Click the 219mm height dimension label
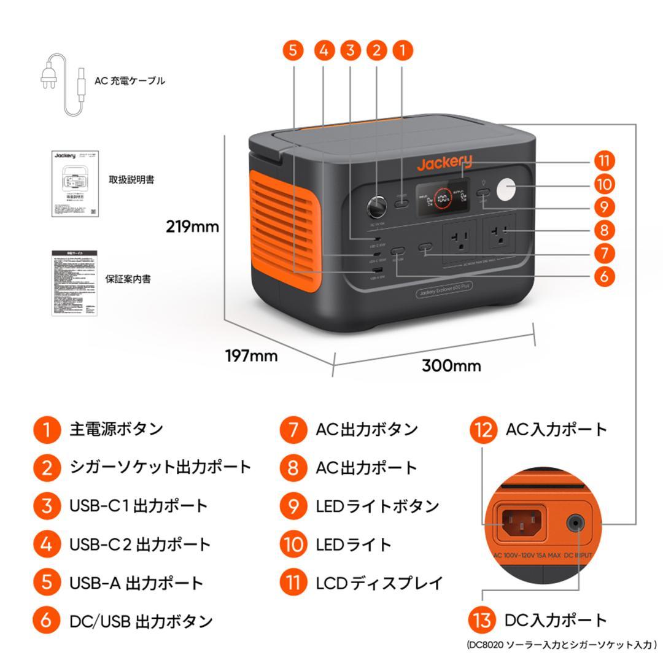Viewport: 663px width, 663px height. tap(192, 227)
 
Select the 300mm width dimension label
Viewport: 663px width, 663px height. tap(451, 366)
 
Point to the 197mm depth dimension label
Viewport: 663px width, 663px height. tap(250, 355)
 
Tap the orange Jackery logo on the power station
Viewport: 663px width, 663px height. tap(445, 163)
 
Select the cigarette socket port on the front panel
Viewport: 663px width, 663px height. tap(375, 206)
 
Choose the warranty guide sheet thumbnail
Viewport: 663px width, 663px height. tap(74, 282)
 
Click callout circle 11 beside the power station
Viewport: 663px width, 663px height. tap(604, 161)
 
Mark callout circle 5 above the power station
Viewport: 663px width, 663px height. tap(293, 50)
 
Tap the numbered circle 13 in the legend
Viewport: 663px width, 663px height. tap(483, 620)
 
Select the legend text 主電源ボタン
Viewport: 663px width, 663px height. tap(116, 428)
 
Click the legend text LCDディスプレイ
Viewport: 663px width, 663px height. tap(379, 583)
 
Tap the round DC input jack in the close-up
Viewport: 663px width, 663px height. tap(575, 524)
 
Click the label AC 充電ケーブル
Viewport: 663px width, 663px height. tap(130, 80)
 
